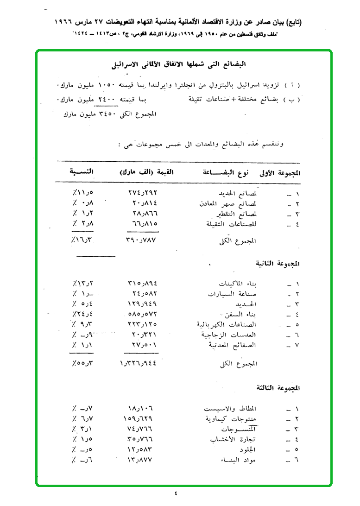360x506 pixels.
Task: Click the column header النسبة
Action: (x=82, y=172)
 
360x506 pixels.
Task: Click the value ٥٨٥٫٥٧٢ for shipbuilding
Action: (x=142, y=314)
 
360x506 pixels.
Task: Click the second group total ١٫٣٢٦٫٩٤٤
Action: (x=139, y=364)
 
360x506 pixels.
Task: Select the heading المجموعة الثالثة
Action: (x=277, y=386)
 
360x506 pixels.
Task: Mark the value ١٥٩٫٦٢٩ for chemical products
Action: (x=142, y=419)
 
